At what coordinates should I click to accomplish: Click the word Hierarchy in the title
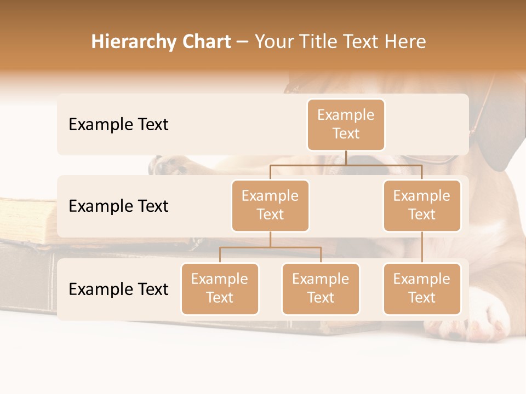(129, 42)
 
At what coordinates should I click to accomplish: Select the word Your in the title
(275, 42)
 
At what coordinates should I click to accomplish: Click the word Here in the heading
(404, 42)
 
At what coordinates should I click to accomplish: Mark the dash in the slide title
(243, 43)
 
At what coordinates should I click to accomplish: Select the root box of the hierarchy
(346, 124)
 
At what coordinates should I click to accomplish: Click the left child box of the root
(270, 205)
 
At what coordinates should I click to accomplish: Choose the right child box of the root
(422, 205)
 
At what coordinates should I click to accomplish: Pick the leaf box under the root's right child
(422, 288)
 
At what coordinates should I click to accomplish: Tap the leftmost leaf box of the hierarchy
(220, 288)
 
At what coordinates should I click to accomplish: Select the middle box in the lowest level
(321, 288)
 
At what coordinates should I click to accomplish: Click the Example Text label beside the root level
(118, 124)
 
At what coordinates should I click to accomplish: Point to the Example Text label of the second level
(118, 206)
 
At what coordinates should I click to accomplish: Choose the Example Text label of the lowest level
(118, 289)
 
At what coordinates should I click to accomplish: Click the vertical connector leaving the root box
(346, 158)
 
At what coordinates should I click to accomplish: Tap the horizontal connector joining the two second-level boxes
(346, 165)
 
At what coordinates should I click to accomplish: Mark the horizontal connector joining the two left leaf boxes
(270, 247)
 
